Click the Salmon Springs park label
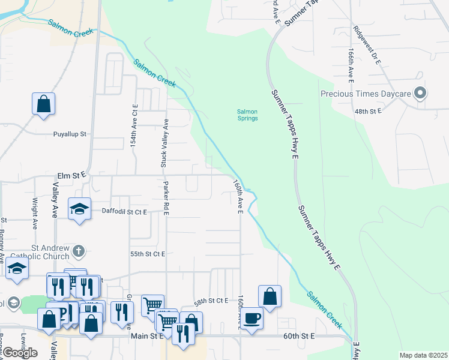[x=247, y=115]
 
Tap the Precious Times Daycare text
[x=365, y=94]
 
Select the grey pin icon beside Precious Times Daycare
[x=420, y=94]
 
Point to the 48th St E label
[x=369, y=112]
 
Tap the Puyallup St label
[x=70, y=134]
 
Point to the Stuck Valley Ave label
[x=164, y=144]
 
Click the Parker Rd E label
[x=166, y=197]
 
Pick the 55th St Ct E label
[x=147, y=254]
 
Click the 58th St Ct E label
[x=211, y=300]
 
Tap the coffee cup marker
[x=252, y=317]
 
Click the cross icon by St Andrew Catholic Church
[x=79, y=250]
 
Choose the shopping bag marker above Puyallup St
[x=44, y=104]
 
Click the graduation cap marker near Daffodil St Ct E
[x=79, y=209]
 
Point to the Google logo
[x=20, y=353]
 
